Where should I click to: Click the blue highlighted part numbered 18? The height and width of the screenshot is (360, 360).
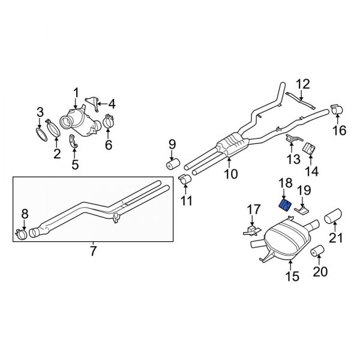286,205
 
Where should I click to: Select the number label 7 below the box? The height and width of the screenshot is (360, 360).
93,251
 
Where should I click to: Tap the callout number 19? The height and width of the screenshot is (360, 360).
305,191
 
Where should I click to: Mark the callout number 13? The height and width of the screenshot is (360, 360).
292,159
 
